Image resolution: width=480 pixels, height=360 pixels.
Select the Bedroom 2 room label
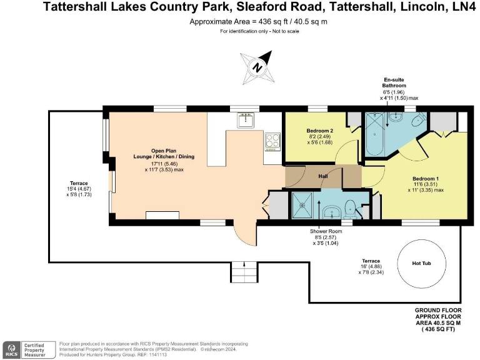pos(319,130)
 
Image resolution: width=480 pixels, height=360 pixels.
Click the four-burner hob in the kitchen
pos(272,141)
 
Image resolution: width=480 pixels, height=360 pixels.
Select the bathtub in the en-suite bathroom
pos(375,134)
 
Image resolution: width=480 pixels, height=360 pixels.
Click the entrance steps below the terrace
pos(244,272)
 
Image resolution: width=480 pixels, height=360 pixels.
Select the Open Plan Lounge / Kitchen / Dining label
pos(147,154)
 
